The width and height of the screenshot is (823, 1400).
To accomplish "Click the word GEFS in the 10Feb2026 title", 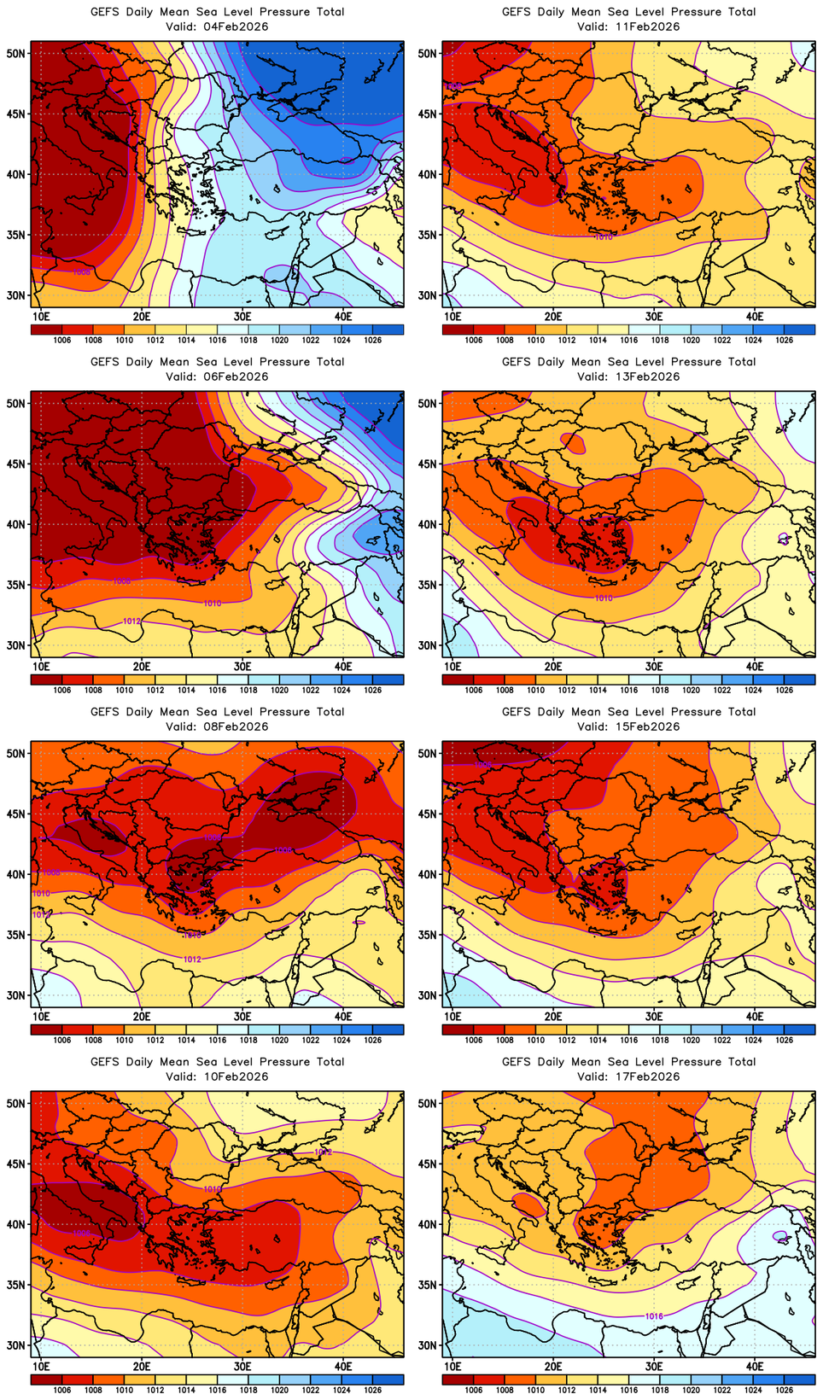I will (105, 1062).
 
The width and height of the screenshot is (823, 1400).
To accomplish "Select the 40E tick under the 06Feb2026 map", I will (343, 666).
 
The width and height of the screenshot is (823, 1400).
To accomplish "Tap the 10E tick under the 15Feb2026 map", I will (452, 1016).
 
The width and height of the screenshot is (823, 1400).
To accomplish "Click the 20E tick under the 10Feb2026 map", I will (142, 1366).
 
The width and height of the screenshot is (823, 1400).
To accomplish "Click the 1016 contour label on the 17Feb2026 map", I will (654, 1316).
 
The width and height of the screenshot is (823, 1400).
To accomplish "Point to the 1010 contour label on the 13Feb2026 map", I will (604, 598).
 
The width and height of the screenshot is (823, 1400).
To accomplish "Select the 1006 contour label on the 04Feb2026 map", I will (82, 272).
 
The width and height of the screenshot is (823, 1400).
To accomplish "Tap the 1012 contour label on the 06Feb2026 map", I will (132, 621).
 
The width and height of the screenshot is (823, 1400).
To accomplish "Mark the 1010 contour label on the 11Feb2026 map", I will (604, 237).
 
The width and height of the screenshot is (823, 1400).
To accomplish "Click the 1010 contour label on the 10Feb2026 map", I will (213, 1189).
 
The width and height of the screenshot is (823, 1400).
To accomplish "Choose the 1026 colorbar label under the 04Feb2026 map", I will (373, 340).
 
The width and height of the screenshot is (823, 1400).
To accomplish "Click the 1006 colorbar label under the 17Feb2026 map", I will (474, 1390).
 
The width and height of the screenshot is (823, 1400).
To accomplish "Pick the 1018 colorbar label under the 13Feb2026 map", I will (660, 690).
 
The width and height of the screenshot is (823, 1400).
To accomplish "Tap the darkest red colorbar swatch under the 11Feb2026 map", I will (458, 330).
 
